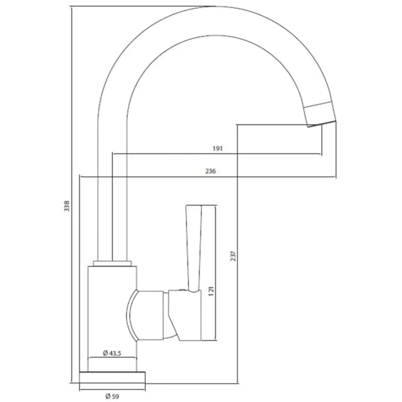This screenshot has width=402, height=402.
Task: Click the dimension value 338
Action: point(67,206)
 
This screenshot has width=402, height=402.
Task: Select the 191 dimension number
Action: point(217,148)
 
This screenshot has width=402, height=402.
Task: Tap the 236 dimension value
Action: point(210,171)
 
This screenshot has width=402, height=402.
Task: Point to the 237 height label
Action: point(233,256)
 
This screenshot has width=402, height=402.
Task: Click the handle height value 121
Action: point(211,292)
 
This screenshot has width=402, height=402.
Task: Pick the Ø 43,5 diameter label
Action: point(112,353)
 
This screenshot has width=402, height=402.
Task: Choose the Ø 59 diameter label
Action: point(112,397)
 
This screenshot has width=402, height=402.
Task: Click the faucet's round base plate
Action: point(112,378)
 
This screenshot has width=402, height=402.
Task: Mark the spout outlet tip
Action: point(321,124)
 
